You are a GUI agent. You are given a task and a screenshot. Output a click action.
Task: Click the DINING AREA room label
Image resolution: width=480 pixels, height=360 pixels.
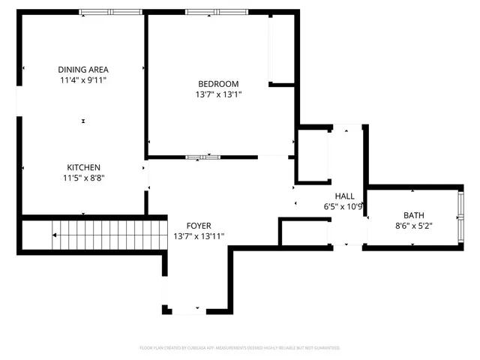coord(83,69)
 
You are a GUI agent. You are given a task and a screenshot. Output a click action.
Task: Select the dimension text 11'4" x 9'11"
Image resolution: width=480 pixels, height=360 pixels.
coord(83,79)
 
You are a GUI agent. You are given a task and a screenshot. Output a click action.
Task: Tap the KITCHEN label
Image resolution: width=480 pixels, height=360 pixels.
coord(83,167)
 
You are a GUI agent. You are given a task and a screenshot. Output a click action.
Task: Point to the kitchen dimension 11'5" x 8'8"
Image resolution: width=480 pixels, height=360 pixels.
coord(83,178)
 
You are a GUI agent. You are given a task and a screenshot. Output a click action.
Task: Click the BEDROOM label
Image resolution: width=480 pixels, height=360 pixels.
coord(218,83)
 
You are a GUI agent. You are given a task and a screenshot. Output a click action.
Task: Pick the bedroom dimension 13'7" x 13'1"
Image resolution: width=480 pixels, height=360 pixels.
coord(218,94)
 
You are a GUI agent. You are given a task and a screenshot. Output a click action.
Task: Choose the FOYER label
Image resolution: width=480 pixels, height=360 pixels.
coord(199,225)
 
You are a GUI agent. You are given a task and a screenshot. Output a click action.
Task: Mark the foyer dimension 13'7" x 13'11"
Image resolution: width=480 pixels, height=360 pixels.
coord(199,235)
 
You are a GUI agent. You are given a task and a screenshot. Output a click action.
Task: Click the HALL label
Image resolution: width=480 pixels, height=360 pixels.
coord(344,196)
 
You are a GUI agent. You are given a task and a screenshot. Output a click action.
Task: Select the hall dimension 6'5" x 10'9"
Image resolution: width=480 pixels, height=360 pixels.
coord(344,206)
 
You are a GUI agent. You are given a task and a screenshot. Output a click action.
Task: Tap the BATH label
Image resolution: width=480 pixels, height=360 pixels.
coord(413,214)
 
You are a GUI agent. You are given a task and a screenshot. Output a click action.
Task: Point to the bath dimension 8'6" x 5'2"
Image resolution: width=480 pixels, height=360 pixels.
coord(413,225)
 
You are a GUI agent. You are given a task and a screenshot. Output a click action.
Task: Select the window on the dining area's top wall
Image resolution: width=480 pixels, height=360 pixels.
coord(110,12)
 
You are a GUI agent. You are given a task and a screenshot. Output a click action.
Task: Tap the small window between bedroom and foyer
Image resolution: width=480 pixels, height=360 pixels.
coord(202,157)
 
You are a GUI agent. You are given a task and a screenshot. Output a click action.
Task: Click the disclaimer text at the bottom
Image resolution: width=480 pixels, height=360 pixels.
coord(240,348)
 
